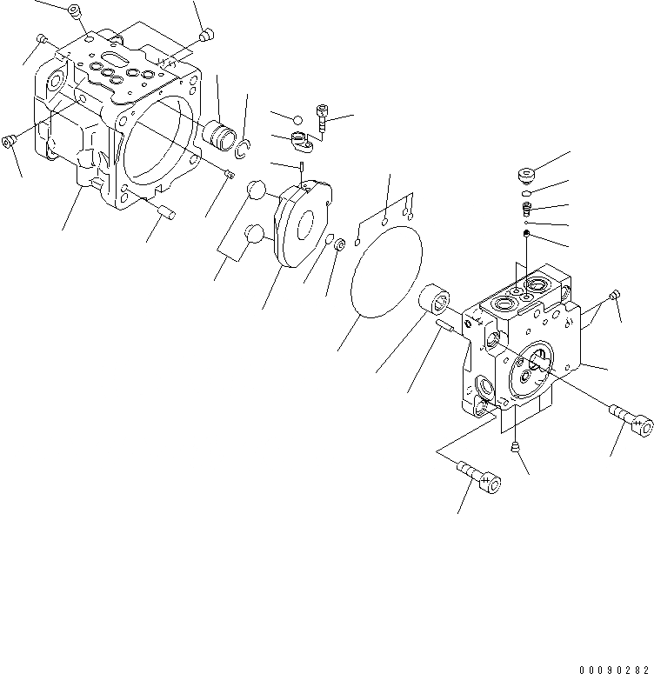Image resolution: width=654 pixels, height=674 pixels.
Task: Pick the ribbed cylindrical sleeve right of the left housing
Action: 219,136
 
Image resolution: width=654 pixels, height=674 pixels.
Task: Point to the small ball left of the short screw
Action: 297,119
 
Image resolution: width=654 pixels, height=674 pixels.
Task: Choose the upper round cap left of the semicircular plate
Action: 255,190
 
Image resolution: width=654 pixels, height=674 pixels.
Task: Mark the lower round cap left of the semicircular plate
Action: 254,234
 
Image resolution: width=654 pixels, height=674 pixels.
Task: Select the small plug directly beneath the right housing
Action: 516,447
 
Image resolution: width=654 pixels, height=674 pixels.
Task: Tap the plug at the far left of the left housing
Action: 11,142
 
